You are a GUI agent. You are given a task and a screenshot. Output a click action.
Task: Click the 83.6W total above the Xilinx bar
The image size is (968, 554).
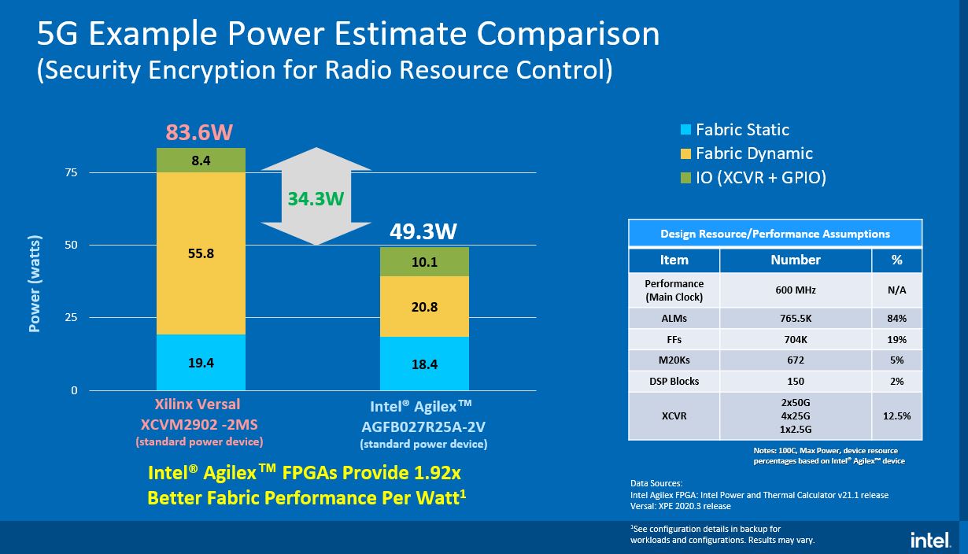tap(201, 132)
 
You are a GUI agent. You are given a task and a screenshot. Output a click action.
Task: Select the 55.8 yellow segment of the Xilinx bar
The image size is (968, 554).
tap(201, 253)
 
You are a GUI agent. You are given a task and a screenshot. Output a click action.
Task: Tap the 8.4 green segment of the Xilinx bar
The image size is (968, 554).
tap(201, 161)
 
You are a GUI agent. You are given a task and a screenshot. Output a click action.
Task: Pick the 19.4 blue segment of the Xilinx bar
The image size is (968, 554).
tap(201, 363)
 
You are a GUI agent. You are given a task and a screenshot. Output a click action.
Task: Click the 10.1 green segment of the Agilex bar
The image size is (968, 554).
tap(424, 262)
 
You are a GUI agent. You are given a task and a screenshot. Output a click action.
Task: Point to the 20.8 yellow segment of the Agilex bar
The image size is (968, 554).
tap(424, 307)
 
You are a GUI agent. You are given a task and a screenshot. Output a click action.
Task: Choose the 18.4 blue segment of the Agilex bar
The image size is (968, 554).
tap(424, 364)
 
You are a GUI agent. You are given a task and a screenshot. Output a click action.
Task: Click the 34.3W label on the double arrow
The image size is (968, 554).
tap(315, 198)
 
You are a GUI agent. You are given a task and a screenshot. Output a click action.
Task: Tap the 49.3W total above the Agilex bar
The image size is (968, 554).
tap(424, 232)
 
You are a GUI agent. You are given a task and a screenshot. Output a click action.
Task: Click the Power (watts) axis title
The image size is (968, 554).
tap(35, 283)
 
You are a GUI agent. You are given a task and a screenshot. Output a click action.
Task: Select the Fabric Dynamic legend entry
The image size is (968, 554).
tap(754, 153)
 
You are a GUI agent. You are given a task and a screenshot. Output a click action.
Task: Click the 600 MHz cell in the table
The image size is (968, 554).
tap(796, 290)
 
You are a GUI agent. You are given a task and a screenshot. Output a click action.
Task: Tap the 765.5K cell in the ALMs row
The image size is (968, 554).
tap(796, 319)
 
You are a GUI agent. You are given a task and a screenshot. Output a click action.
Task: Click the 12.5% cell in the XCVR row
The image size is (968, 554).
tap(896, 415)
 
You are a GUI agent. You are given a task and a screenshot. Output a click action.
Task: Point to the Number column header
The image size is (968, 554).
tap(796, 260)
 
